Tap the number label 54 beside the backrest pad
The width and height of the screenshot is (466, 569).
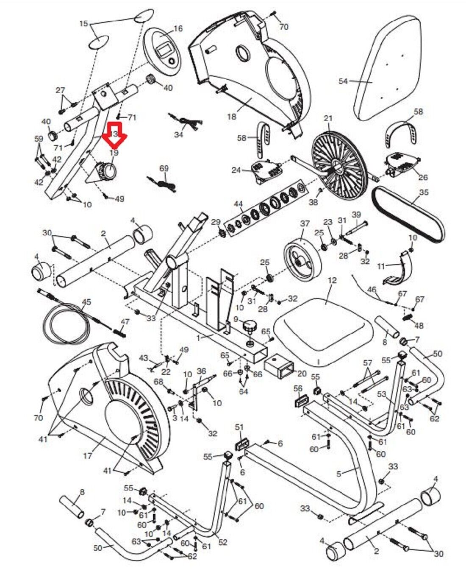click(x=343, y=81)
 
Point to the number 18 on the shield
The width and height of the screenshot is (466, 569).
click(x=231, y=116)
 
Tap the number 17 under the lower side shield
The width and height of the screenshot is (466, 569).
click(x=87, y=456)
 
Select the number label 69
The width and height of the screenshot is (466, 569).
click(x=164, y=168)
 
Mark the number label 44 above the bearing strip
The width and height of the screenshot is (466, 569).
click(x=239, y=204)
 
